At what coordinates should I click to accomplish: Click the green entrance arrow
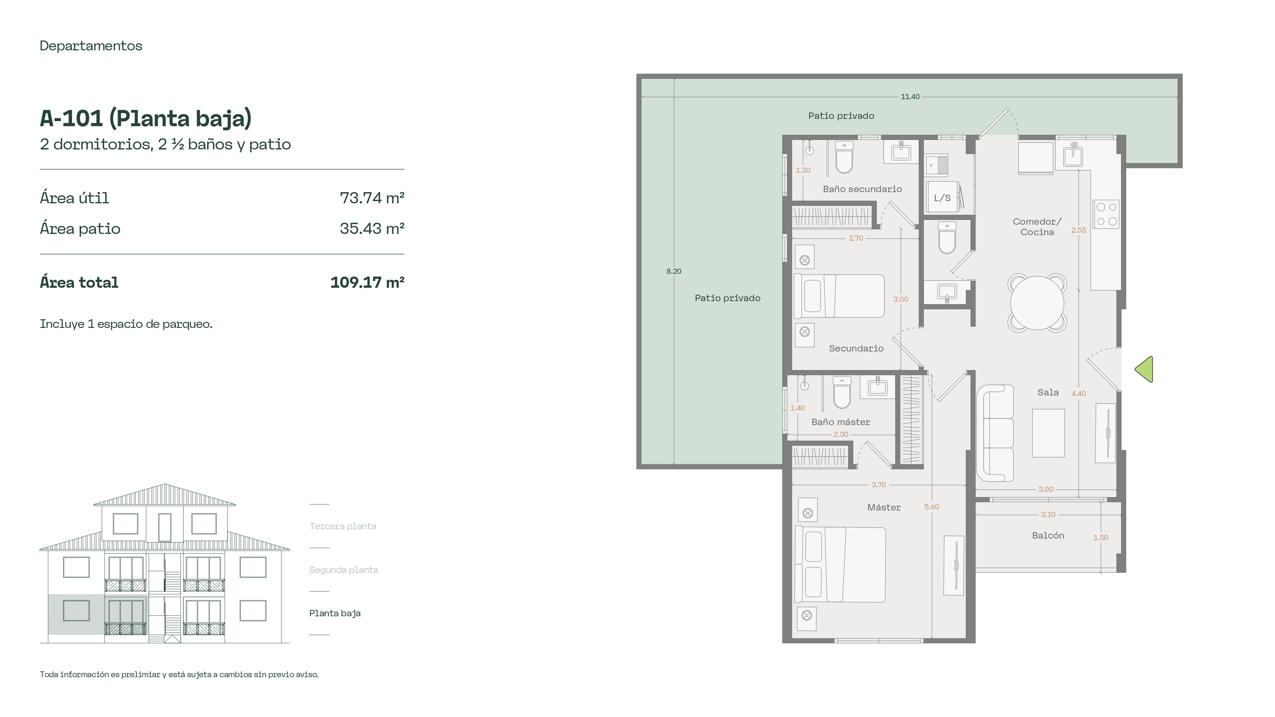1145,369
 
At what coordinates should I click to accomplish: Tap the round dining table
1037,302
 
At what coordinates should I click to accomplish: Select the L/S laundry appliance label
942,198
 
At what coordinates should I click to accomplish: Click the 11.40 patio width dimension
910,97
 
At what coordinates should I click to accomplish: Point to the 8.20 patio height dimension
674,271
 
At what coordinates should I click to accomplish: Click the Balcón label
1048,535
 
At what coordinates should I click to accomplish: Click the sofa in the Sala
995,433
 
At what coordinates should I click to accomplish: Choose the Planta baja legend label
335,613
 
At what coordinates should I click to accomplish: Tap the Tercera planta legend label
343,526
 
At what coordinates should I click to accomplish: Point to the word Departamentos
91,46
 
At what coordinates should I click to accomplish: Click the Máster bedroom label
884,507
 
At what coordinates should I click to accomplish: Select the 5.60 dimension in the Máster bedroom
931,507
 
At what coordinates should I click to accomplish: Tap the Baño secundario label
862,189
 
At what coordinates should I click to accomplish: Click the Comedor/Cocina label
1037,227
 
